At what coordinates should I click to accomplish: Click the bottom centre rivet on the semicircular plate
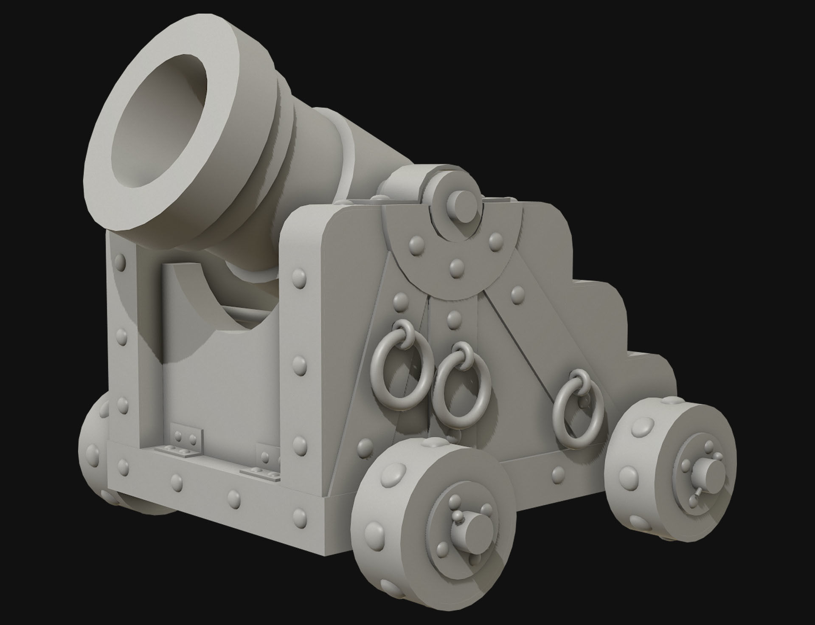point(457,267)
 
